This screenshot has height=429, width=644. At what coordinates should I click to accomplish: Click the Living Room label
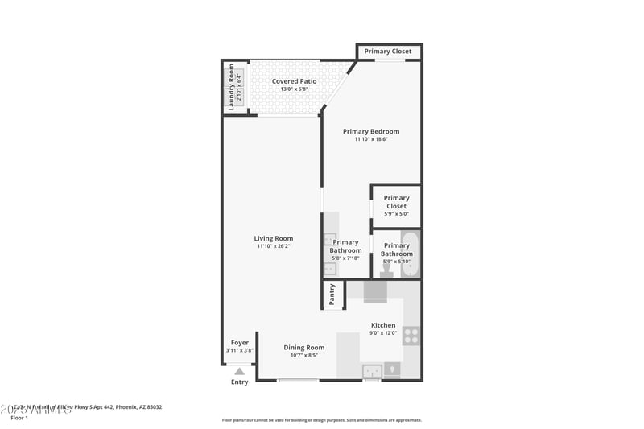pyautogui.click(x=274, y=238)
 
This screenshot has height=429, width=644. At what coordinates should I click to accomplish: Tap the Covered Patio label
pyautogui.click(x=294, y=81)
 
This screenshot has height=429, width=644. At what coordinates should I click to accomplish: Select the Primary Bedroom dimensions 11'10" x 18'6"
pyautogui.click(x=370, y=139)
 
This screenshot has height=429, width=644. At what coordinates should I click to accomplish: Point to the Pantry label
pyautogui.click(x=332, y=295)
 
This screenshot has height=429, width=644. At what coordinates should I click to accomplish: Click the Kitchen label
pyautogui.click(x=383, y=325)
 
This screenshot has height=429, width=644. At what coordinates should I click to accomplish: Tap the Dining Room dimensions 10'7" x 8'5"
pyautogui.click(x=303, y=355)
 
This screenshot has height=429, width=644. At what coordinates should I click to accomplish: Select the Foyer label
pyautogui.click(x=240, y=342)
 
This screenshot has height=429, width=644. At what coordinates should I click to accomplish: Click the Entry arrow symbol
pyautogui.click(x=239, y=371)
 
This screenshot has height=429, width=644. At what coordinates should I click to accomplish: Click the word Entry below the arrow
pyautogui.click(x=240, y=382)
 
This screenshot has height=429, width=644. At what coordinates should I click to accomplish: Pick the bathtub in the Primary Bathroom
pyautogui.click(x=411, y=254)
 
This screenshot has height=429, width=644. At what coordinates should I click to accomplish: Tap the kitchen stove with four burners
pyautogui.click(x=411, y=336)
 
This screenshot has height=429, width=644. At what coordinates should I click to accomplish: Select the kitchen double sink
pyautogui.click(x=372, y=371)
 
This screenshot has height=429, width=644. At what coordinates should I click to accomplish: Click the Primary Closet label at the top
pyautogui.click(x=387, y=52)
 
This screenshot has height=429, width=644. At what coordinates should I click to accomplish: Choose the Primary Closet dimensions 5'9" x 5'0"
pyautogui.click(x=396, y=214)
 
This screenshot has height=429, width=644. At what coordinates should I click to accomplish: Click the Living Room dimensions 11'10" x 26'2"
pyautogui.click(x=274, y=246)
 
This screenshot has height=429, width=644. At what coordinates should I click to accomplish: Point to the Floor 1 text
pyautogui.click(x=19, y=418)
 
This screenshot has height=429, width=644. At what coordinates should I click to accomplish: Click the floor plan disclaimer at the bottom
pyautogui.click(x=321, y=419)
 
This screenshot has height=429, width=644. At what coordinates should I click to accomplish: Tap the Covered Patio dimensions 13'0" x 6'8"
pyautogui.click(x=294, y=89)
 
